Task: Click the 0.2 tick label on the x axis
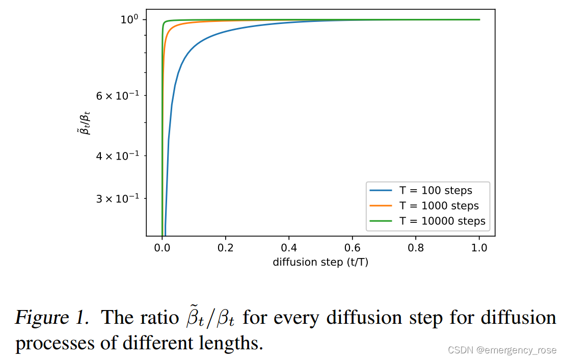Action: coord(226,248)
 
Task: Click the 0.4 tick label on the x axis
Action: coord(289,248)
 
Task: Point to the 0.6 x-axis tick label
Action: coord(353,248)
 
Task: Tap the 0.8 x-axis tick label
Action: coord(416,248)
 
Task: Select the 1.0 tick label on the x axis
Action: coord(479,248)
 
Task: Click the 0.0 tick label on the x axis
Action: coord(162,248)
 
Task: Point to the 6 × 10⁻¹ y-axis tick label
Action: coord(118,95)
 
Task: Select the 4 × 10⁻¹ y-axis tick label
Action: coord(118,156)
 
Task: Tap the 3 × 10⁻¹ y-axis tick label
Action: coord(118,198)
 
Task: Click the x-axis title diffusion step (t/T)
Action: coord(320,262)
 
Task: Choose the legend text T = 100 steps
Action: coord(436,191)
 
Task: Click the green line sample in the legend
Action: coord(381,221)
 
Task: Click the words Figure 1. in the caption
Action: coord(52,318)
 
